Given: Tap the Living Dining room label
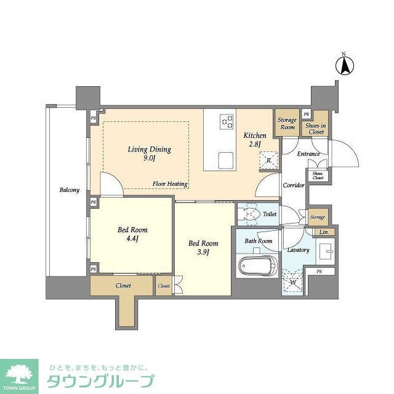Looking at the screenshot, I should [149, 153].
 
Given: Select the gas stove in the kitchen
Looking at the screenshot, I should [227, 121].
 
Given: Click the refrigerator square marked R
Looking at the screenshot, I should [269, 161].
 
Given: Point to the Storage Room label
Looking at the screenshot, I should [286, 123].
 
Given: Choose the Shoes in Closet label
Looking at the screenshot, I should [316, 127].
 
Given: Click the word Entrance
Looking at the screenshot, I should [308, 154].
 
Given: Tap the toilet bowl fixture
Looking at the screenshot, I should [250, 214].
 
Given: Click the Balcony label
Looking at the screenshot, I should [69, 190].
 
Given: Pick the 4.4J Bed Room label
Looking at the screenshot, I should [133, 235].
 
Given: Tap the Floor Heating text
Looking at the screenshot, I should [171, 184].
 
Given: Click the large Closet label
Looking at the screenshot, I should [123, 286].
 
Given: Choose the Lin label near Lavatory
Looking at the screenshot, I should [324, 232].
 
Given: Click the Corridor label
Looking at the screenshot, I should [294, 185].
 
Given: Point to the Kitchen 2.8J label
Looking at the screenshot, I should [254, 140].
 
